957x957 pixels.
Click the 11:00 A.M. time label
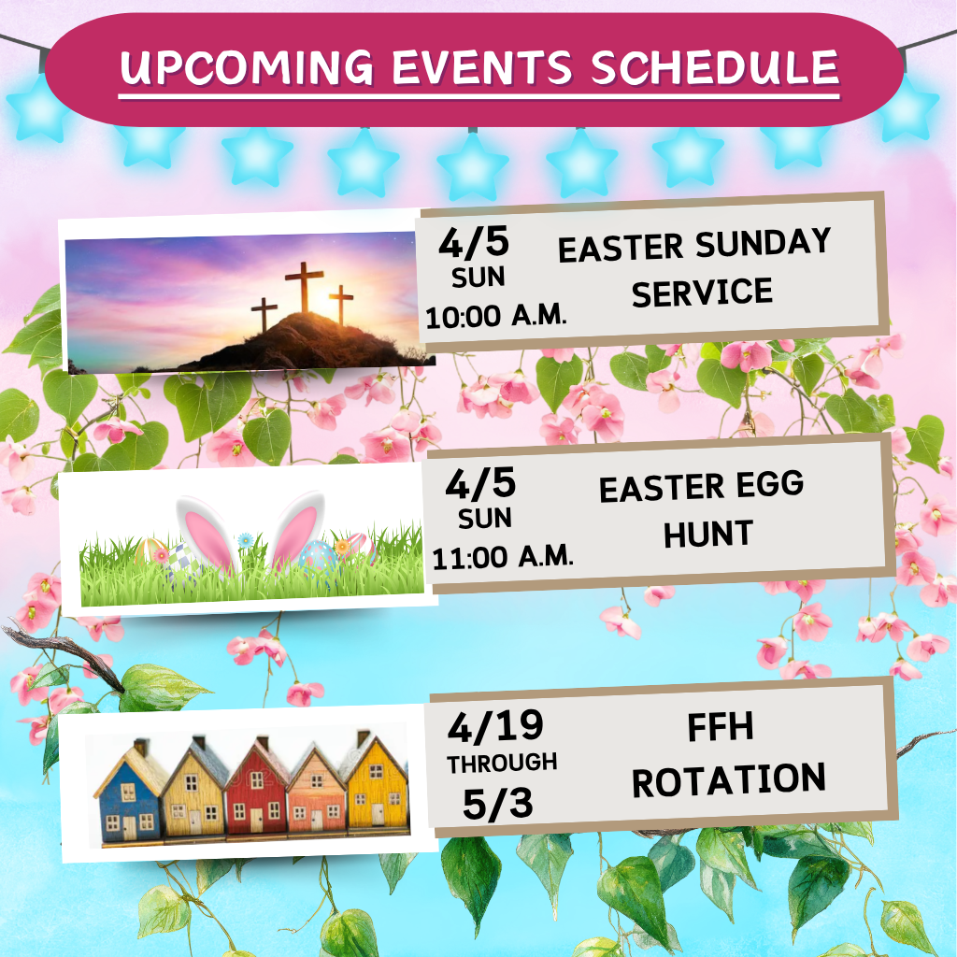click(502, 558)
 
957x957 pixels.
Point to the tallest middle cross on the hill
click(305, 287)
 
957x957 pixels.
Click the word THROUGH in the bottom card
click(502, 763)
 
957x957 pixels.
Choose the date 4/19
click(495, 726)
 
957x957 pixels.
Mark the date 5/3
click(497, 805)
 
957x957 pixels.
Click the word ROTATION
click(729, 779)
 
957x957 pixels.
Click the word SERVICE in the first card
click(702, 293)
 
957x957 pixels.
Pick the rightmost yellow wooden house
click(378, 786)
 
